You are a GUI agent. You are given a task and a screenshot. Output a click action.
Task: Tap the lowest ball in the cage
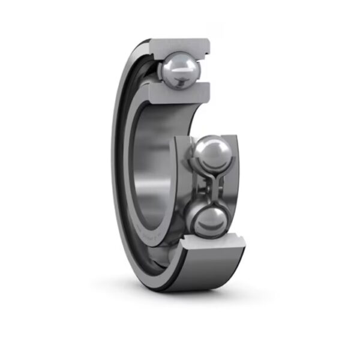tap(207, 221)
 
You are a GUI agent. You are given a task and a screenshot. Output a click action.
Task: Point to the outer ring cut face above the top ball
tap(180, 46)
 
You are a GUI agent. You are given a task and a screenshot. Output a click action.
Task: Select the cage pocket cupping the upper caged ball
tap(191, 150)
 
